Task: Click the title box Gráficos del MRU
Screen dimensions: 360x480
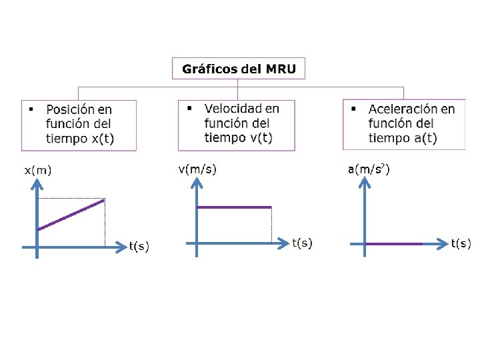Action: pos(239,68)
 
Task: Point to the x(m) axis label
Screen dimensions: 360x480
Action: pos(38,170)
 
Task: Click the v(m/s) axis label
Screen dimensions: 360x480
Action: pos(197,169)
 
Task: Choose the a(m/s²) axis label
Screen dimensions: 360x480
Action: pos(369,169)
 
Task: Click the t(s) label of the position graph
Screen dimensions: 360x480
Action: pos(139,247)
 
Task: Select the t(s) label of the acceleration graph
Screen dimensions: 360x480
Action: pos(461,243)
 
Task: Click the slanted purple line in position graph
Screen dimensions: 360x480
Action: pos(71,214)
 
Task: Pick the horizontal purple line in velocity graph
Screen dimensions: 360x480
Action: pos(233,207)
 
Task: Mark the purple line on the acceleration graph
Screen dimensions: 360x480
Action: pos(393,244)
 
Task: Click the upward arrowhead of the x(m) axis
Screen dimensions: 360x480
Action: pos(37,187)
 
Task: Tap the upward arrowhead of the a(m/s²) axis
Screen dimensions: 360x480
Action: pos(364,185)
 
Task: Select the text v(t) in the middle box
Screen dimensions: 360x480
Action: pos(259,138)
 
